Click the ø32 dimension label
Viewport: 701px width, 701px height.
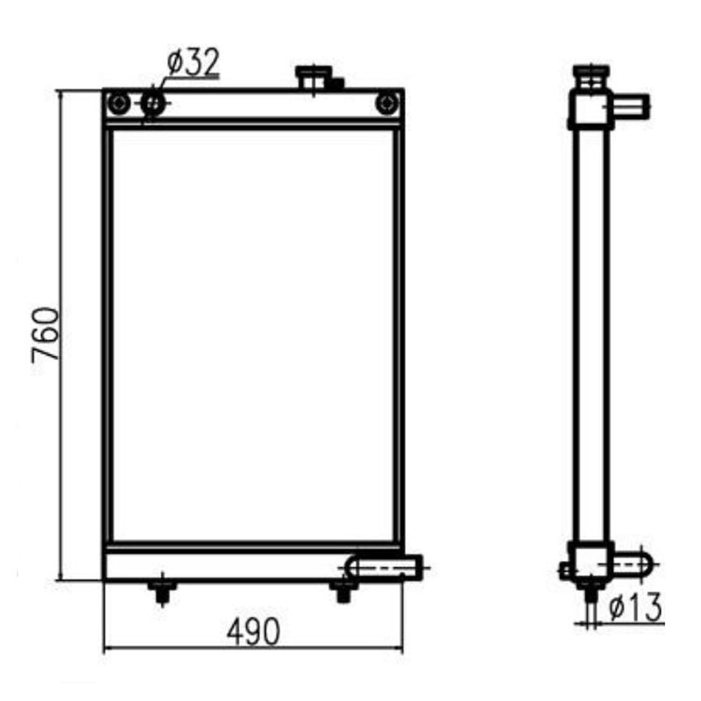[x=193, y=64]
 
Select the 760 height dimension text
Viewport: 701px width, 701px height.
[x=45, y=335]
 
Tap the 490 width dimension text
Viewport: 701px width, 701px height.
[x=253, y=631]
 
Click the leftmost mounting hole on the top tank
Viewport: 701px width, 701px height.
[x=118, y=104]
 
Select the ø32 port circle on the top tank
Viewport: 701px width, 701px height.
[x=153, y=104]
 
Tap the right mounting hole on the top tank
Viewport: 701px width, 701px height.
[x=386, y=104]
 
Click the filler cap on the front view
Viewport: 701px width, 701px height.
[x=311, y=77]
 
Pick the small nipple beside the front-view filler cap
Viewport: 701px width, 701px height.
[x=336, y=84]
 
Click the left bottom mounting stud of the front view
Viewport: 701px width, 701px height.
[x=160, y=591]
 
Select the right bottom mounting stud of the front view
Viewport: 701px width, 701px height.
[x=343, y=591]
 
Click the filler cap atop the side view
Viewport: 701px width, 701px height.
[x=590, y=75]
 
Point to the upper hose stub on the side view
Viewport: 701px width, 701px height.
[x=631, y=108]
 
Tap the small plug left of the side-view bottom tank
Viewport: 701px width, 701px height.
[x=563, y=570]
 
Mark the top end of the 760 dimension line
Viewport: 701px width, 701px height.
[x=60, y=90]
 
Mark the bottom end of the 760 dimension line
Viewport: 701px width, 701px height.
[x=60, y=579]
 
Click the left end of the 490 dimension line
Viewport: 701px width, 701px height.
[x=104, y=649]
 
